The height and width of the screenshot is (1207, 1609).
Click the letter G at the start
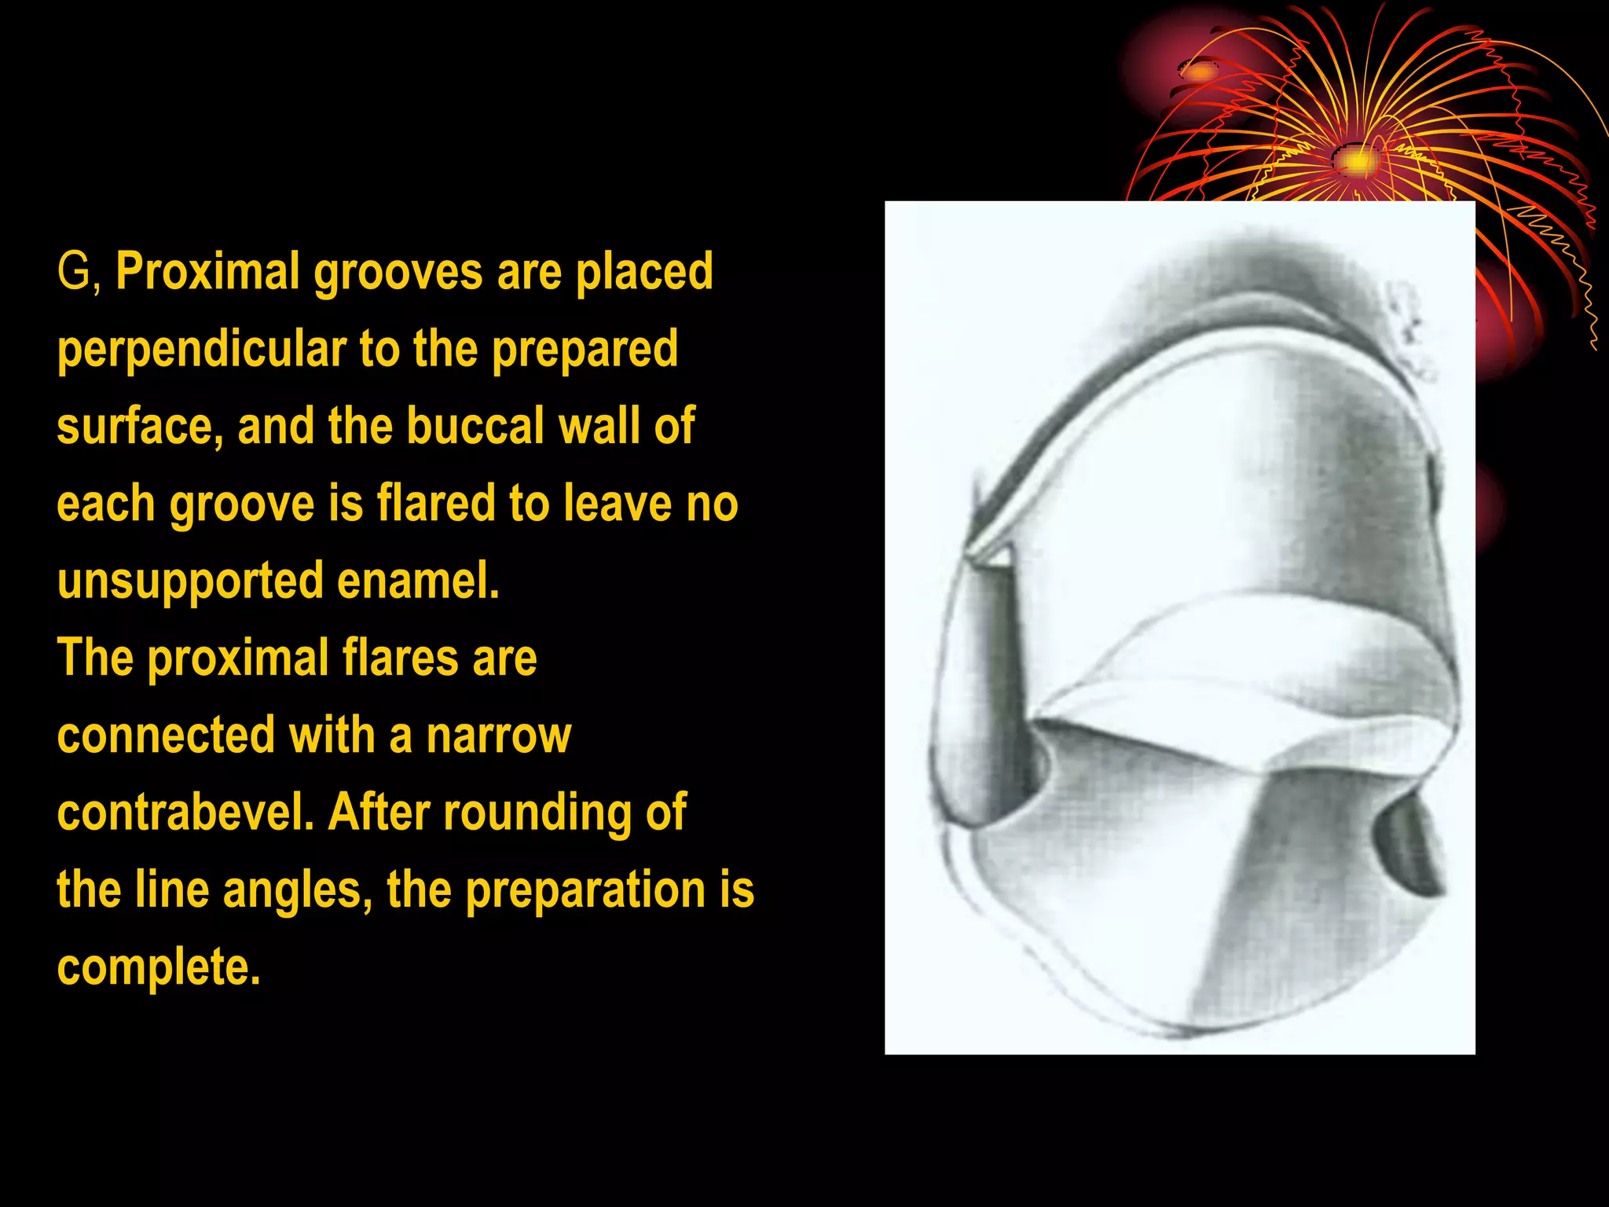coord(75,271)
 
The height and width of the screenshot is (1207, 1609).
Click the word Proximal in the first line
coord(207,271)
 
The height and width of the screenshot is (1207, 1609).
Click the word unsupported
coord(190,581)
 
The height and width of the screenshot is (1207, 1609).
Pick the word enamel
coord(418,581)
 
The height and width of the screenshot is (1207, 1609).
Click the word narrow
coord(499,736)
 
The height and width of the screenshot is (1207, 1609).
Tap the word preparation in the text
coord(585,890)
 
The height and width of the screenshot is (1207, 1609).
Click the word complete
coord(159,967)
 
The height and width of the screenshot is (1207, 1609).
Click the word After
coord(379,813)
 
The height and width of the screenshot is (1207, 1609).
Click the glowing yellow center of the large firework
coord(1358,161)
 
